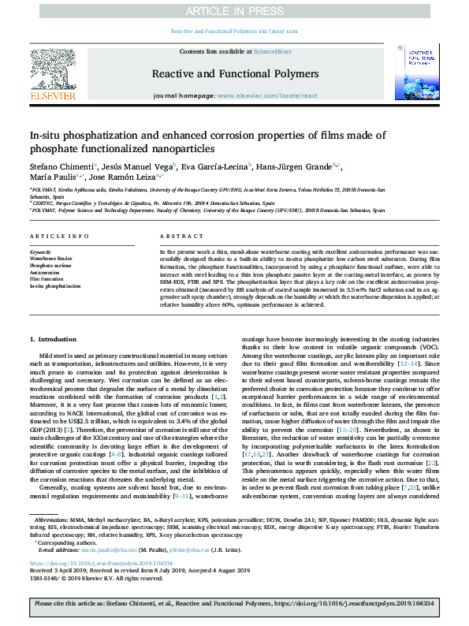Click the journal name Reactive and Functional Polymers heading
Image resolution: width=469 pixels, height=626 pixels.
point(235,73)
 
